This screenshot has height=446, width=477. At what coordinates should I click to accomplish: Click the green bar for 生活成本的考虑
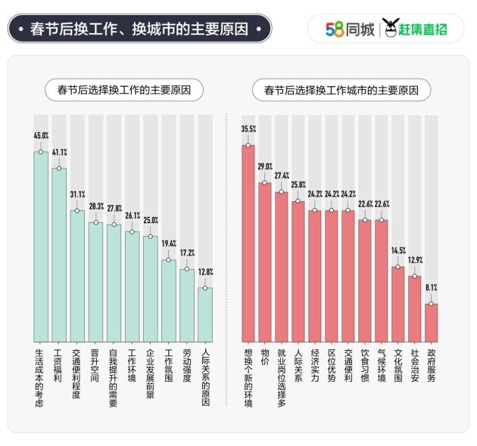(41, 246)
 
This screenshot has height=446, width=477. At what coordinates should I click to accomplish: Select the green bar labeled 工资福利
(59, 253)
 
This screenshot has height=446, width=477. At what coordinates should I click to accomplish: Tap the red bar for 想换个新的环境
(248, 242)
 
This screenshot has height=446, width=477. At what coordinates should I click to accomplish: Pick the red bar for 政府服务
(431, 322)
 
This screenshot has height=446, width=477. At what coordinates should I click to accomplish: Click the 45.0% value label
(41, 136)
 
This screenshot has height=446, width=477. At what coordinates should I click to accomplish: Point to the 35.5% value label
(248, 129)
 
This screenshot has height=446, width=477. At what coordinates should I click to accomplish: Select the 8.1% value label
(431, 288)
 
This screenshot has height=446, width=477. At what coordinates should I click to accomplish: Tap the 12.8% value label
(205, 271)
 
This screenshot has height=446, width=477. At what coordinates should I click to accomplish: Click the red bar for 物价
(264, 261)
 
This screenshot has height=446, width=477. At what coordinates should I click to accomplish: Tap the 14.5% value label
(397, 250)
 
